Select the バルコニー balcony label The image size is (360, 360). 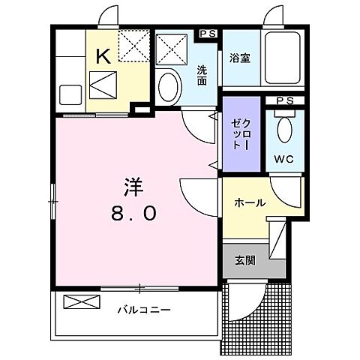(x=143, y=310)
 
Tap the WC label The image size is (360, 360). (x=283, y=159)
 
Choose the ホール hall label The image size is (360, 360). (x=247, y=203)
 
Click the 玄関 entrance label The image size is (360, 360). (x=244, y=261)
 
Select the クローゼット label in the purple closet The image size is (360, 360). (x=241, y=136)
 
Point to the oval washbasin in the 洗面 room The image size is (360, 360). (x=169, y=84)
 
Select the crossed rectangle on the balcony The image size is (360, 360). (x=82, y=303)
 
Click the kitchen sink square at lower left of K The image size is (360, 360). (x=71, y=95)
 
